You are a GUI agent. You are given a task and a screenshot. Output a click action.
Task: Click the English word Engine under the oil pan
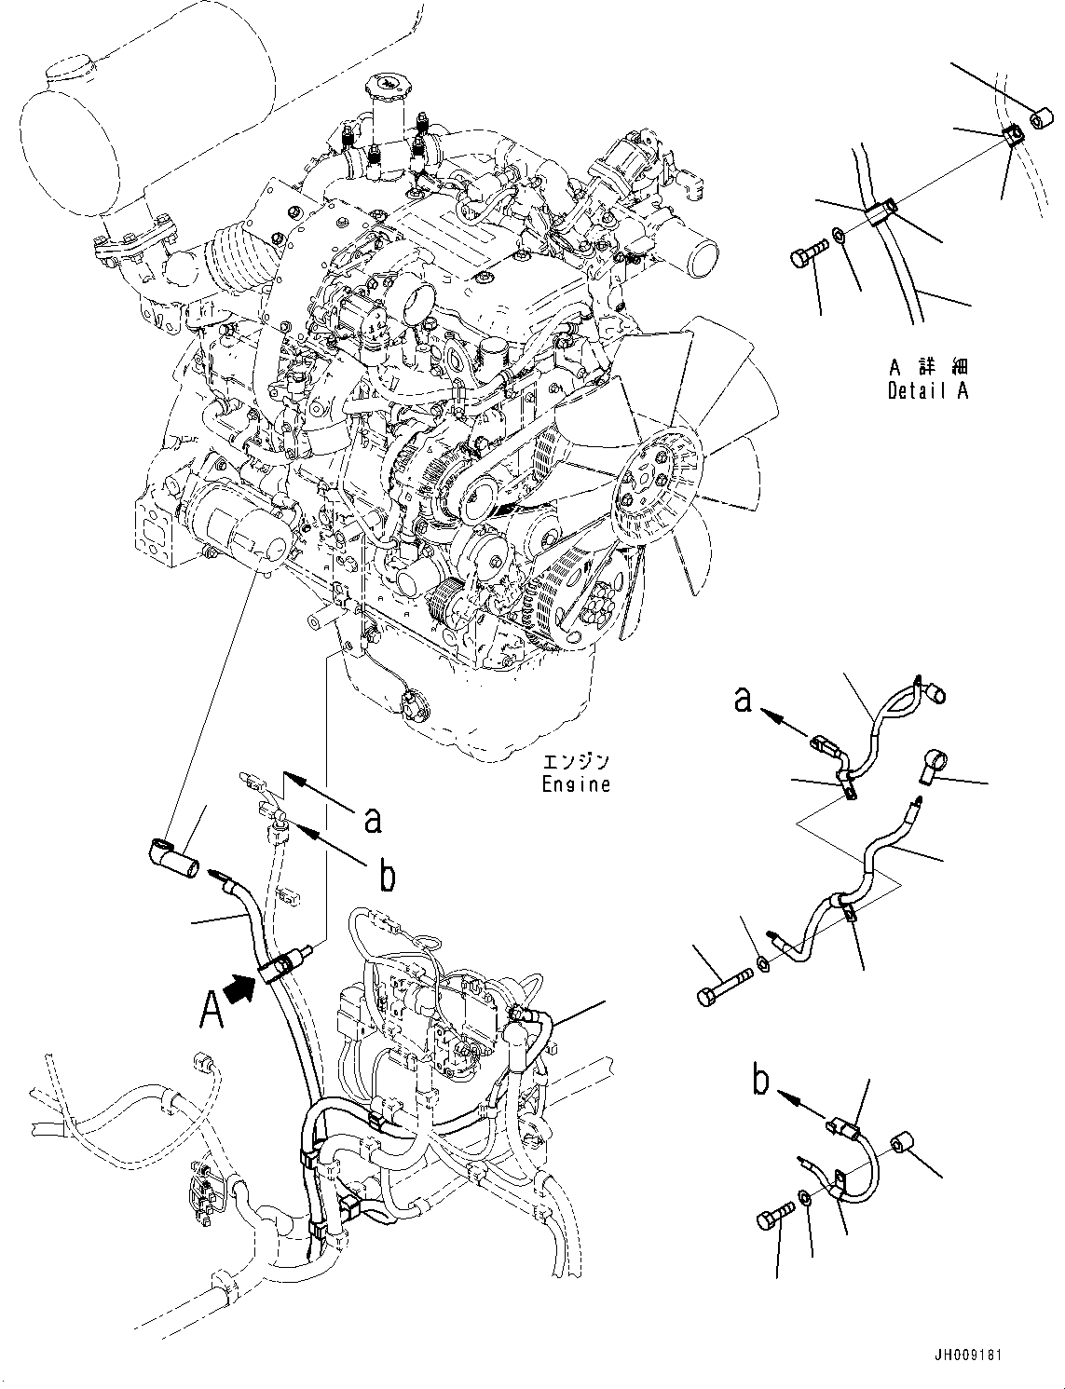[576, 784]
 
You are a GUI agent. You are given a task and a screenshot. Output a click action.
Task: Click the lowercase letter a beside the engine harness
[373, 819]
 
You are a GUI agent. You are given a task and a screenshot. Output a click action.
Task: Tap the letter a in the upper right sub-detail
[743, 698]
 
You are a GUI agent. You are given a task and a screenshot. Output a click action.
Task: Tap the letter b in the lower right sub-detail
[761, 1083]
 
